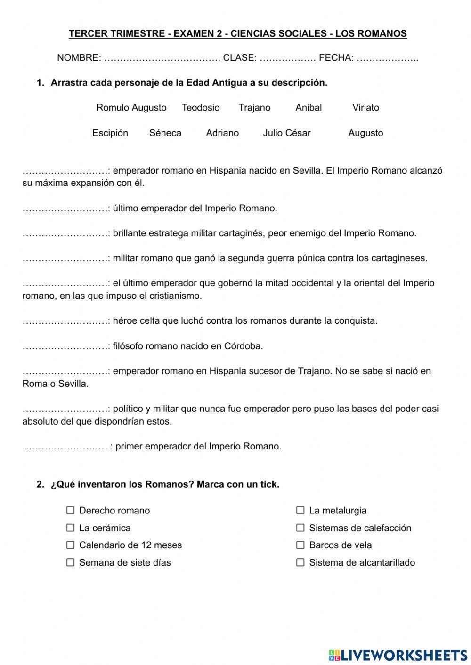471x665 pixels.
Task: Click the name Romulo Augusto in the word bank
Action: coord(131,108)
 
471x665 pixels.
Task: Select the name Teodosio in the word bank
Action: coord(201,108)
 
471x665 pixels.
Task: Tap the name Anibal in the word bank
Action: coord(309,108)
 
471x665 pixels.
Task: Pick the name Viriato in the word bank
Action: coord(365,108)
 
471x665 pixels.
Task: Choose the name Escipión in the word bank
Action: coord(110,133)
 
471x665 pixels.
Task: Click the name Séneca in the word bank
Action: coord(165,133)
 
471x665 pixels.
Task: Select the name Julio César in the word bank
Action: coord(287,133)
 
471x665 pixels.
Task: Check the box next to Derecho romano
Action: coord(71,510)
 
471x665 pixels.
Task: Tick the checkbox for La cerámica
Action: coord(71,528)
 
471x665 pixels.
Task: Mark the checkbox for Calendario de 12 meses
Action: coord(71,545)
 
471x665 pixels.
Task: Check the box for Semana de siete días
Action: coord(71,562)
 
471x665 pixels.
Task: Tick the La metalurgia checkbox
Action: coord(300,510)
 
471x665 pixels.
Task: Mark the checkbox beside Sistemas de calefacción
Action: coord(300,528)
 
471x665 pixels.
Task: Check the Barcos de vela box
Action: coord(300,545)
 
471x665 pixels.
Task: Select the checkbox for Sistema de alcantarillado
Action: coord(300,562)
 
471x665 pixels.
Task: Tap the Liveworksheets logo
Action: coord(398,655)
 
